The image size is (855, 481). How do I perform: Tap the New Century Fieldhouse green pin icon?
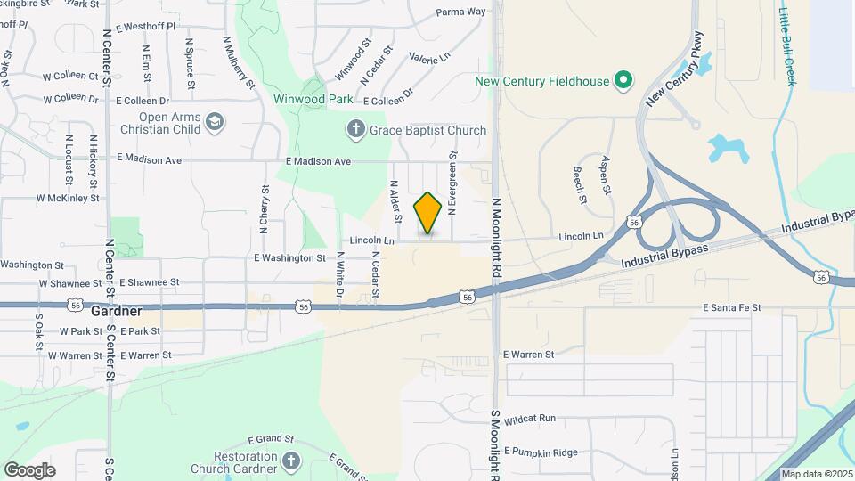[x=623, y=81]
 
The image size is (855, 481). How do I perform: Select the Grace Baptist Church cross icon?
[x=356, y=130]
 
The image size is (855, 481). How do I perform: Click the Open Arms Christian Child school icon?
[x=214, y=122]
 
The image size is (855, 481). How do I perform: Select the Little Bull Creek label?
[x=786, y=46]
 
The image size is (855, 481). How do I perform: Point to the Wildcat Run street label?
[x=529, y=418]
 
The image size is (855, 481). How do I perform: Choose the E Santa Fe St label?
[x=731, y=307]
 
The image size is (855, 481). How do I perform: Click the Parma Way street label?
[x=460, y=12]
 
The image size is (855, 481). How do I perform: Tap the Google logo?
[x=29, y=470]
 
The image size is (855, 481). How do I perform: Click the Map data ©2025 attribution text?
[x=817, y=474]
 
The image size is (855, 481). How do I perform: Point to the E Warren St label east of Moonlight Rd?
[x=528, y=354]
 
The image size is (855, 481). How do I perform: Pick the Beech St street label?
[x=580, y=183]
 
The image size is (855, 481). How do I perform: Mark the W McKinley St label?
[x=67, y=198]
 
